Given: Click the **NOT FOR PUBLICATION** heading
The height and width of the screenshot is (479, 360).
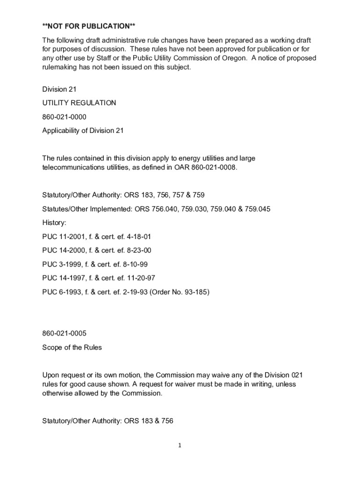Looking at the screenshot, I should click(88, 26).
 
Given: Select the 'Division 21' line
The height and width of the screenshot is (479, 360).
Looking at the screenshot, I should click(59, 89).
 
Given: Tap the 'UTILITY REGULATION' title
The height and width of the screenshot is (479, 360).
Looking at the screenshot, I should click(79, 103).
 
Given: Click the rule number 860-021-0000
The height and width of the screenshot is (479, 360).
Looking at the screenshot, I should click(64, 117).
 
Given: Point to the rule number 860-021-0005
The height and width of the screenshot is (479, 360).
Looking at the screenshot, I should click(64, 334).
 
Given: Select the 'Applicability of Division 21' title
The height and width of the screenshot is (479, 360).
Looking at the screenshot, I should click(83, 131).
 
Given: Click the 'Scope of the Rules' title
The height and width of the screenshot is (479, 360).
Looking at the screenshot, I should click(72, 348).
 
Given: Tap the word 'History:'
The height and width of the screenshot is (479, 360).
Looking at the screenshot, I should click(54, 223).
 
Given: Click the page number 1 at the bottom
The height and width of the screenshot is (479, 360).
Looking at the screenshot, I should click(179, 446).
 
